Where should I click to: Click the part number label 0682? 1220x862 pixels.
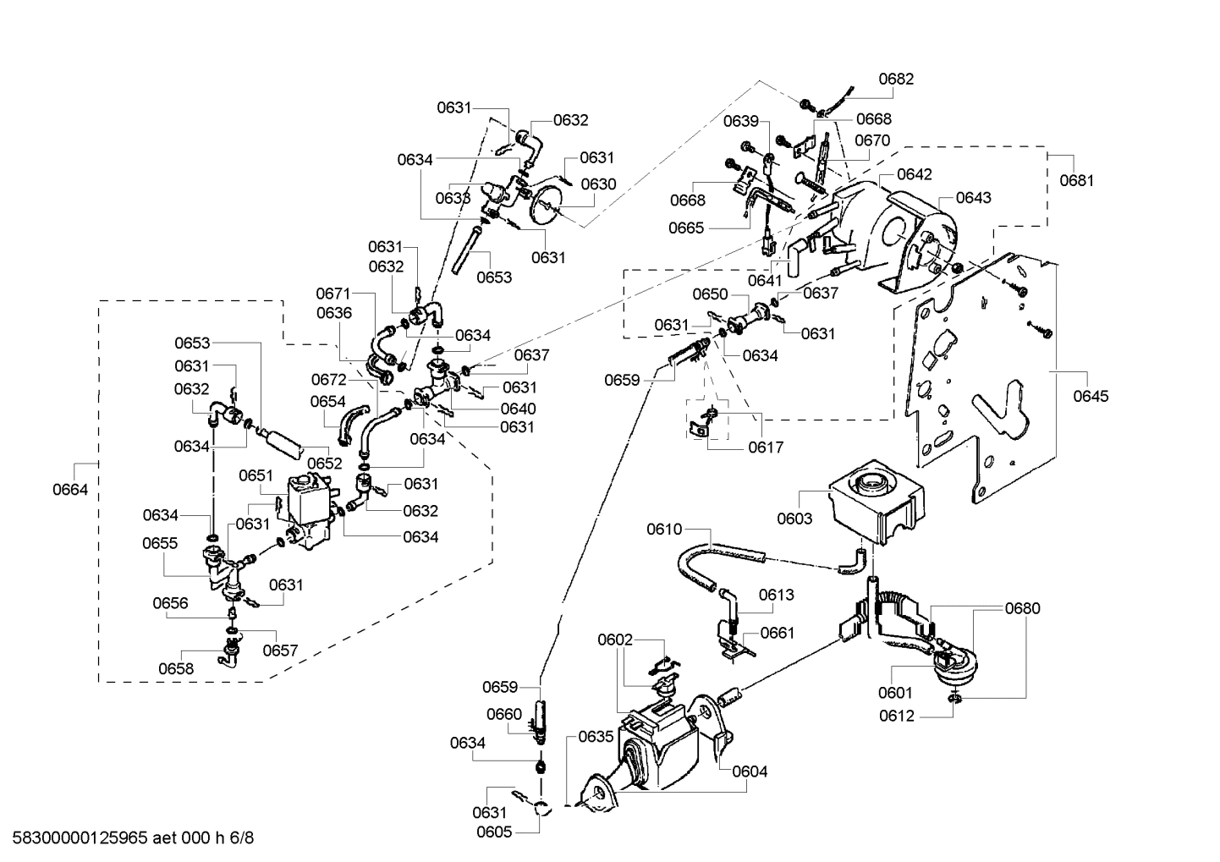(896, 79)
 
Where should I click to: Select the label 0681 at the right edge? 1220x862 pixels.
(1076, 180)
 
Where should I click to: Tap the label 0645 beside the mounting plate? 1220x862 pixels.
(1091, 396)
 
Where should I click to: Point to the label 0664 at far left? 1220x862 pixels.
(70, 490)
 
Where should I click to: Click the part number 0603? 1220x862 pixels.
(794, 519)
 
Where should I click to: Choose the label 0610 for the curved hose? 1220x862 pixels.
(664, 530)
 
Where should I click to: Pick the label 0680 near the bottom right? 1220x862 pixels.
(1023, 608)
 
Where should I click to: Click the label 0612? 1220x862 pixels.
(897, 717)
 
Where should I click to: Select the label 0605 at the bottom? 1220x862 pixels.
(494, 832)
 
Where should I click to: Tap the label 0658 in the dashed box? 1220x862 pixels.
(176, 668)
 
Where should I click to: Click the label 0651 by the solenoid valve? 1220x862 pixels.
(256, 475)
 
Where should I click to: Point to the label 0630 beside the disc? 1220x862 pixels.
(599, 184)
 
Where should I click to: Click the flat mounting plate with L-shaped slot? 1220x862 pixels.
(973, 381)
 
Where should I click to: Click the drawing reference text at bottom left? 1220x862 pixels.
(128, 838)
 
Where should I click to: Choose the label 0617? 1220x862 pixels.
(766, 447)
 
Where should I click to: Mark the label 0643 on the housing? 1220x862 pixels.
(973, 197)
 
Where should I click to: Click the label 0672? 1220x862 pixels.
(328, 379)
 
